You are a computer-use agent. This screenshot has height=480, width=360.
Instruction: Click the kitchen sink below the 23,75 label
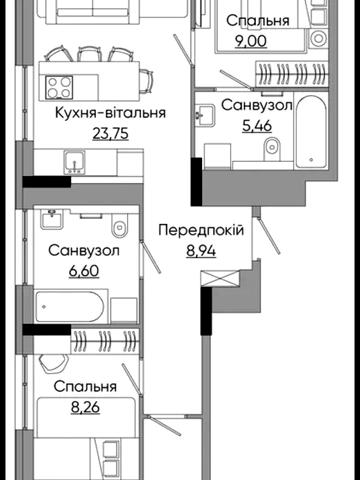coord(72,160)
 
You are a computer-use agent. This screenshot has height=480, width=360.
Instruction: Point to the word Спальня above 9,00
coord(257,20)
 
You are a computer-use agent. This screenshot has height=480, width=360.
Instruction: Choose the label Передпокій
coord(201,229)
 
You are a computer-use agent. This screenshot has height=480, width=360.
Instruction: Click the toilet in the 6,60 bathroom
coord(119,222)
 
